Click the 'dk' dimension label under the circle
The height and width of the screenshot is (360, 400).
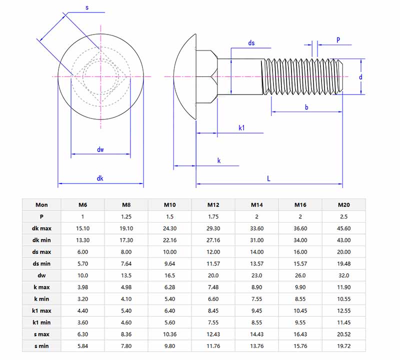[x=100, y=178]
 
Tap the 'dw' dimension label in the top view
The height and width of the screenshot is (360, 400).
[x=100, y=149]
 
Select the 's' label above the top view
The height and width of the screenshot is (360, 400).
[x=87, y=8]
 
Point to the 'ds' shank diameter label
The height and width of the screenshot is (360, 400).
[x=251, y=43]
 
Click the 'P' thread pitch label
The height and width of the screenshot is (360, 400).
[x=338, y=39]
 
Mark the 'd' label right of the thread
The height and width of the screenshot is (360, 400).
[x=360, y=77]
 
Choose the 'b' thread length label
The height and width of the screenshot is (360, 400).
[x=306, y=107]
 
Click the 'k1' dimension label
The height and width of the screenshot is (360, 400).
[x=241, y=128]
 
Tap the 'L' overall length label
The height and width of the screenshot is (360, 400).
[x=268, y=178]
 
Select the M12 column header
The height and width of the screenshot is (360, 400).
[x=213, y=204]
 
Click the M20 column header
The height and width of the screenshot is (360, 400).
[x=343, y=204]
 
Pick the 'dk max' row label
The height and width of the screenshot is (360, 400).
[x=42, y=228]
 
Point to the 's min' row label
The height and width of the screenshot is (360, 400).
[x=42, y=345]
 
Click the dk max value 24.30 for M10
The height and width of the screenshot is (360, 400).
[x=170, y=228]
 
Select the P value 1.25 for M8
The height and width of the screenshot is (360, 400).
[x=126, y=216]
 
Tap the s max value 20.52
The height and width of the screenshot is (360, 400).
[x=343, y=334]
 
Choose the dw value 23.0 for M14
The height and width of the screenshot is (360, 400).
[x=257, y=275]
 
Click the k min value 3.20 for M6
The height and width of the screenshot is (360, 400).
[x=83, y=298]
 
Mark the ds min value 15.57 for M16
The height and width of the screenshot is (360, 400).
[x=300, y=263]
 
